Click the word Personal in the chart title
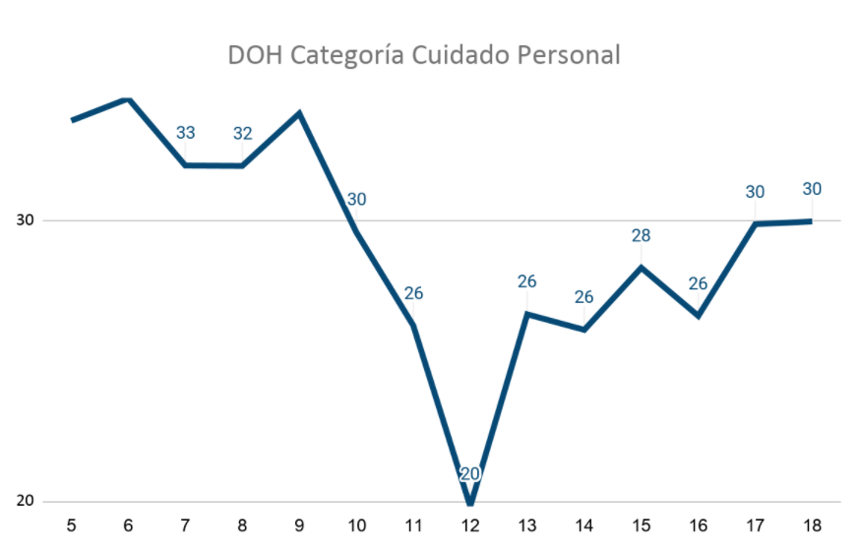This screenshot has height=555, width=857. (x=571, y=55)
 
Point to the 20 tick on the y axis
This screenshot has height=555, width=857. (x=25, y=501)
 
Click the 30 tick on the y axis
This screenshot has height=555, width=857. (x=25, y=220)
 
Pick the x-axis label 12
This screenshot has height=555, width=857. (x=470, y=525)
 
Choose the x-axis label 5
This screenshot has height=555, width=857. (x=72, y=525)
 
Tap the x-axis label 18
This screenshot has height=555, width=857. (x=812, y=525)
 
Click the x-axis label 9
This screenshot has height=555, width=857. (x=299, y=525)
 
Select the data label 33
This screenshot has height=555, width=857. (x=186, y=133)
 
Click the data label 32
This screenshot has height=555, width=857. (x=243, y=134)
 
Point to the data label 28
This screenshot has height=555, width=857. (x=641, y=236)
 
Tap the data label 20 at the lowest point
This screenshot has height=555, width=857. (x=470, y=473)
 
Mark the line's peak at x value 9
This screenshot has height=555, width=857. (x=299, y=112)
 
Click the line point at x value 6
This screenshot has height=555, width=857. (x=129, y=99)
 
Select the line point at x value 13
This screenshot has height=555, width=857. (x=527, y=314)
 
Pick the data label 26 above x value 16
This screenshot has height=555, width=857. (x=698, y=284)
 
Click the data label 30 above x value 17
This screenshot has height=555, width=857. (x=755, y=192)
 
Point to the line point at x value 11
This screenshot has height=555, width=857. (x=413, y=325)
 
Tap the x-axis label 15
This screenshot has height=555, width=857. (x=641, y=525)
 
